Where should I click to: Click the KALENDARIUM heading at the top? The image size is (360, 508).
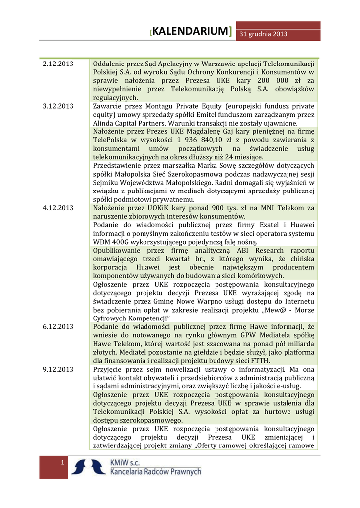pos(191,32)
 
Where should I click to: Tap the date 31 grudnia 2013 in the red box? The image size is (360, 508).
pos(264,34)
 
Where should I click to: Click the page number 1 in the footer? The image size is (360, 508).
pos(62,463)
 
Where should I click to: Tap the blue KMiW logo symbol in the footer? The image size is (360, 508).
pos(88,467)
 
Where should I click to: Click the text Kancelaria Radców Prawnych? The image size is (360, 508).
pos(155,472)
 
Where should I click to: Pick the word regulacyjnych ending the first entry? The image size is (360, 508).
pos(115,98)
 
